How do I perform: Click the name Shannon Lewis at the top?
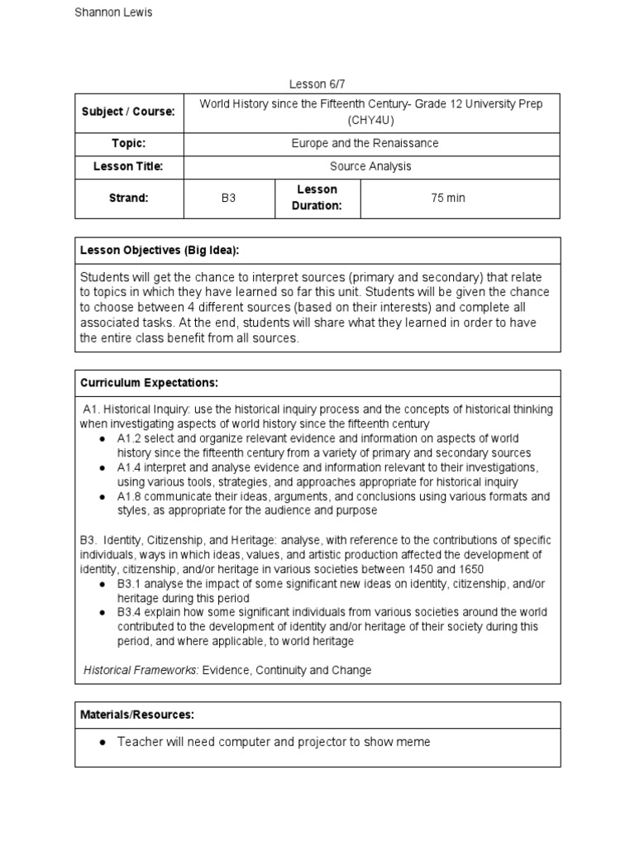click(113, 12)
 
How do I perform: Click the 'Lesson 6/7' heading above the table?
click(317, 84)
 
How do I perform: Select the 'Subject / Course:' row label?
click(128, 112)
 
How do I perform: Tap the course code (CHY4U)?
click(371, 120)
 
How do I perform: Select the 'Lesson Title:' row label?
click(128, 166)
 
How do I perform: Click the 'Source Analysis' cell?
click(371, 166)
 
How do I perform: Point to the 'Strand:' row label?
click(128, 199)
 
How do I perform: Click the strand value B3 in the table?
click(229, 199)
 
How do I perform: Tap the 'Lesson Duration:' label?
click(317, 198)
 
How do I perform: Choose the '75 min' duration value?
click(448, 199)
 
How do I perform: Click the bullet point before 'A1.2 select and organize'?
click(101, 438)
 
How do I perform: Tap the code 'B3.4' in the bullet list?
click(130, 612)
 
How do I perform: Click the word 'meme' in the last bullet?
click(414, 742)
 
